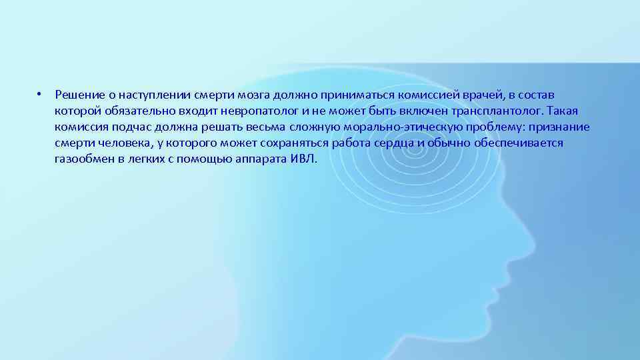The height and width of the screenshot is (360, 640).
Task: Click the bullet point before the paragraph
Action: [40, 93]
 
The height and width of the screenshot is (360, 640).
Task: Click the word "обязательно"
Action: [140, 110]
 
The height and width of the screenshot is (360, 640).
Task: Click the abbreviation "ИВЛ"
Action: [305, 160]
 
